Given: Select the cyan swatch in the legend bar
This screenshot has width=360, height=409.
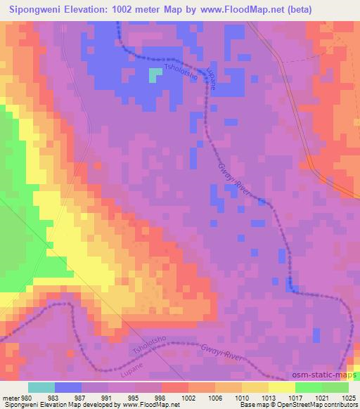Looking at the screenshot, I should click(41, 387).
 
